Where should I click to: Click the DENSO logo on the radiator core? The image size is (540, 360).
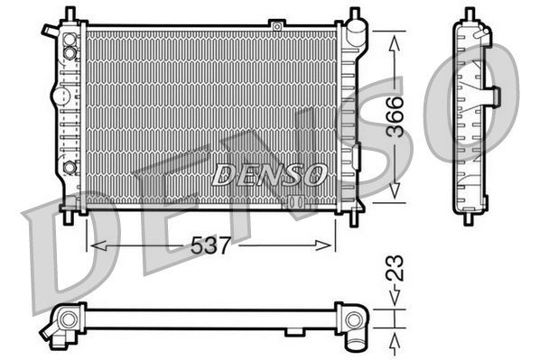coord(268,174)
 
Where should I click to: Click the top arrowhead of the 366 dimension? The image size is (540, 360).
coord(394,39)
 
